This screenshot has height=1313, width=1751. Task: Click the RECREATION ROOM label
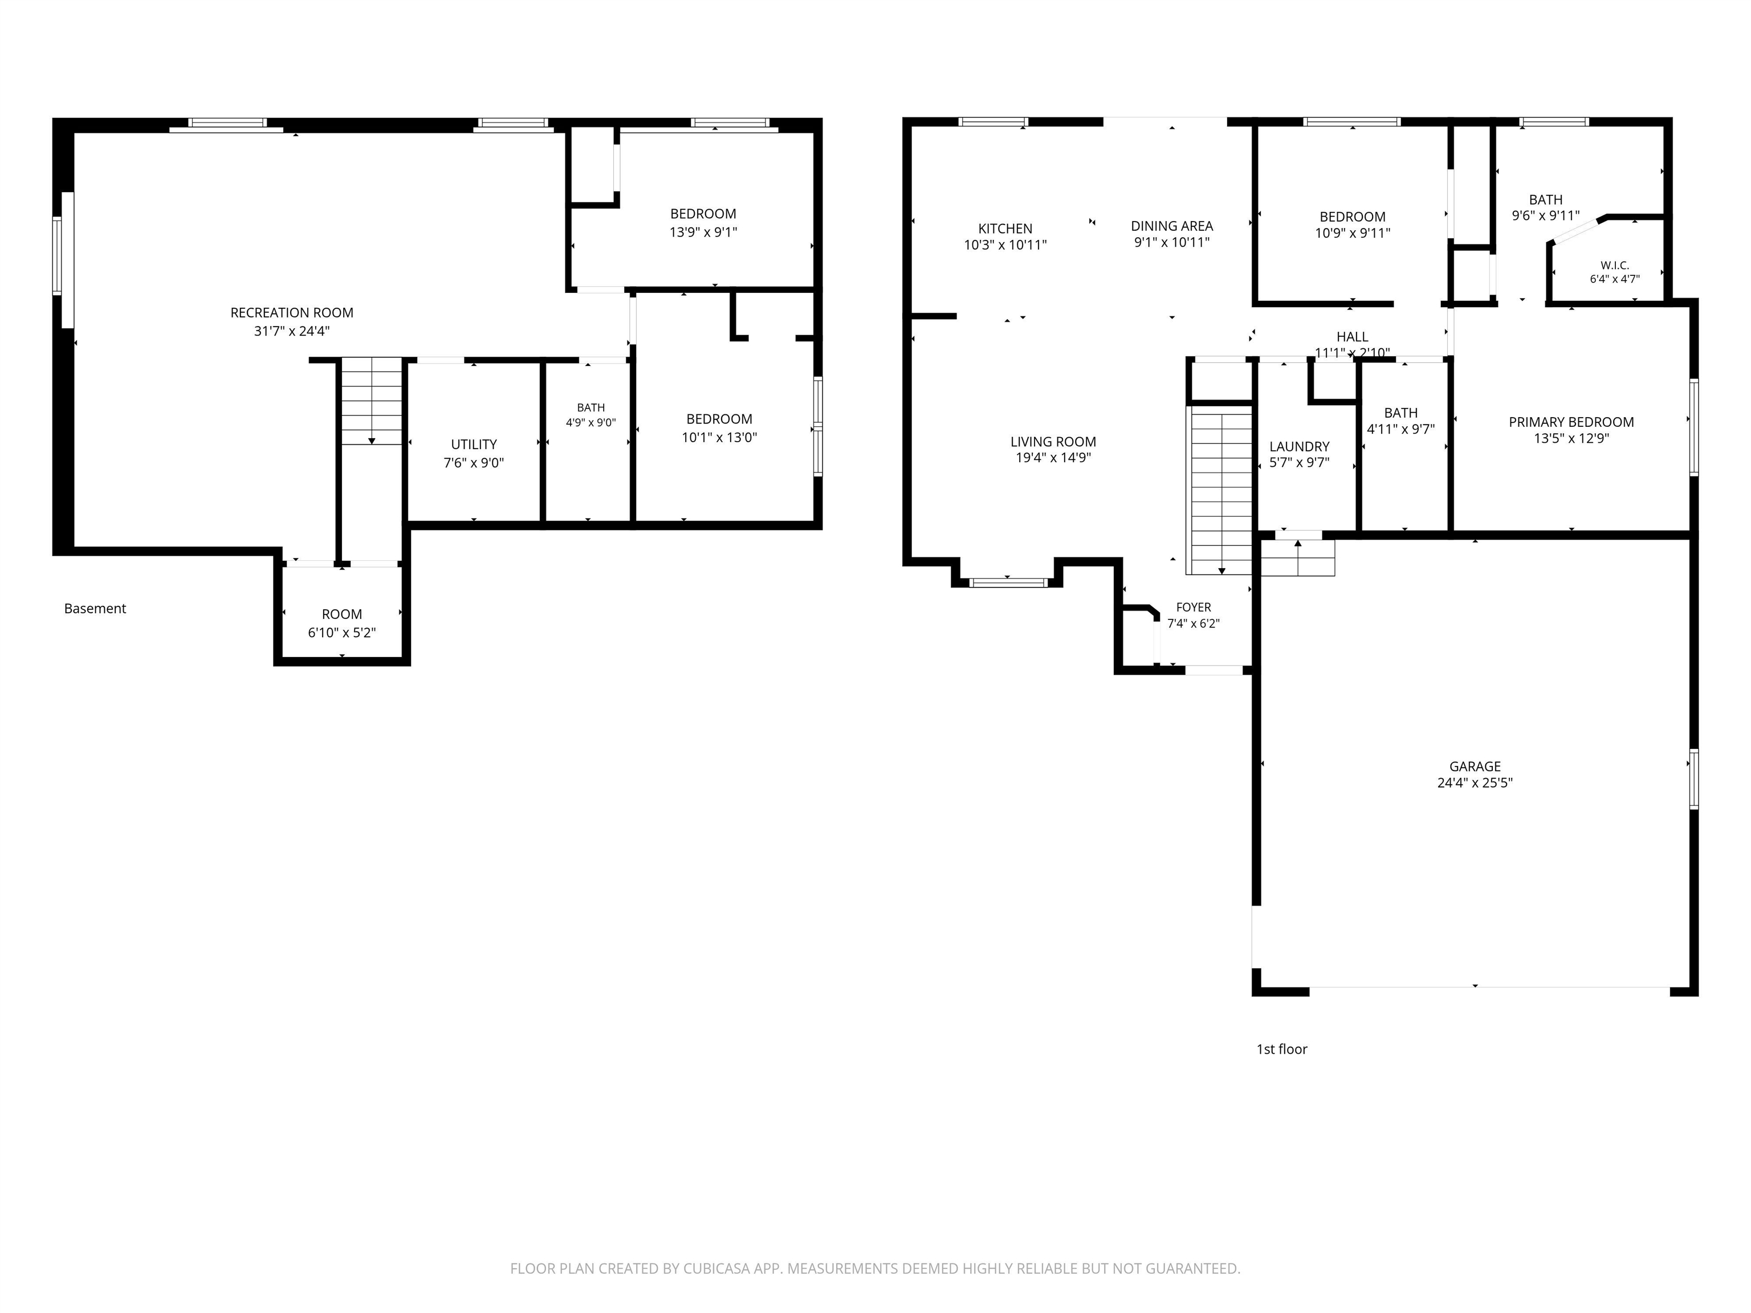point(291,313)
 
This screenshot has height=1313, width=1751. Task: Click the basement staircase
point(371,401)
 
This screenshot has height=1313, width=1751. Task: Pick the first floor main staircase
point(1221,490)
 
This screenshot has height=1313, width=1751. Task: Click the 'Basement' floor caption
point(95,609)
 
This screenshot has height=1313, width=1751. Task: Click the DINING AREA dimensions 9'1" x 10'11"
point(1171,243)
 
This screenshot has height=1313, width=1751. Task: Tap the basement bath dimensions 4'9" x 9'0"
point(591,423)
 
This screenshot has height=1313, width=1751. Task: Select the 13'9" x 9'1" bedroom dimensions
point(703,233)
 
